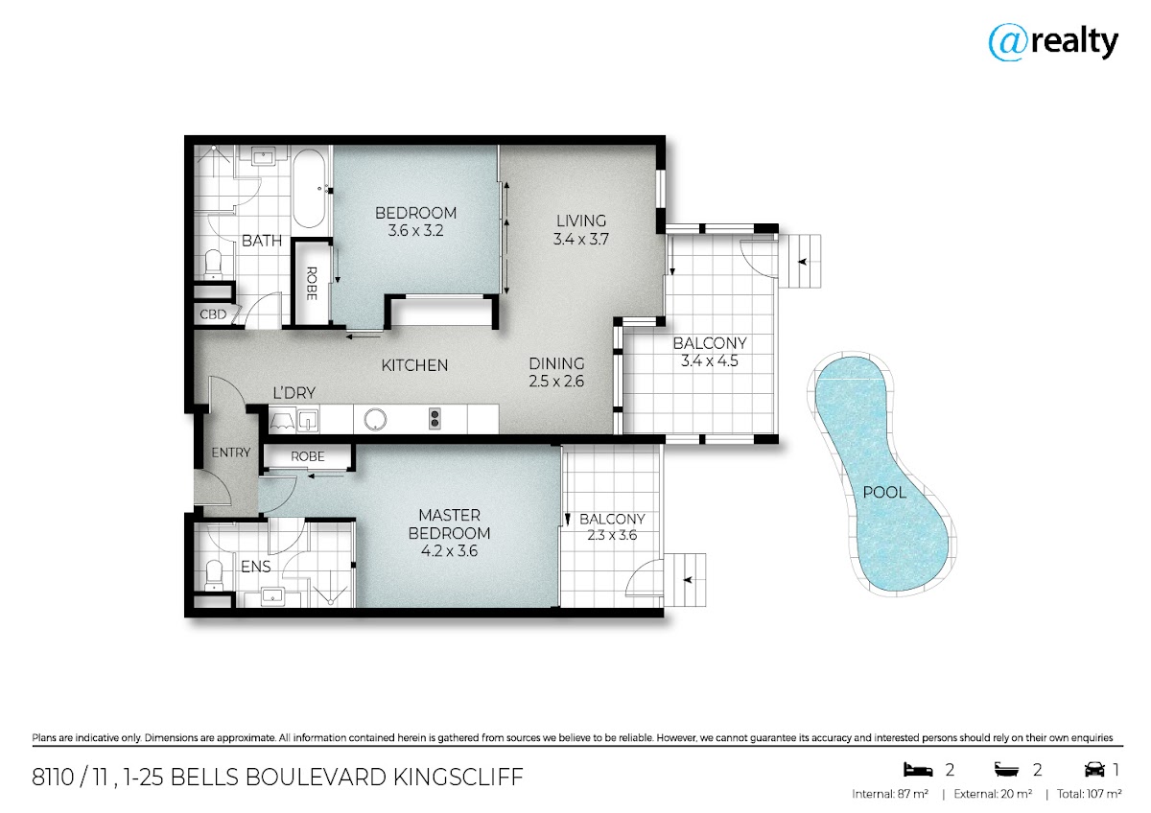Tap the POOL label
[x=883, y=493]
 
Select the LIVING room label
[x=581, y=221]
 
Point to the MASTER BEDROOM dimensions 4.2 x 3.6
[x=449, y=551]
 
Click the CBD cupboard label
[x=213, y=314]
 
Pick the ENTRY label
[x=231, y=453]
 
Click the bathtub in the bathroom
[x=309, y=189]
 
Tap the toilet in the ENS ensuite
[x=214, y=576]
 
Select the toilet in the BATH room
[x=213, y=264]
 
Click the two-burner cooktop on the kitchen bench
[x=435, y=419]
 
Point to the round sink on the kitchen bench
[x=375, y=419]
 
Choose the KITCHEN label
[x=414, y=365]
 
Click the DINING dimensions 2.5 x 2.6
[x=556, y=382]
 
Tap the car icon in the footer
[x=1094, y=769]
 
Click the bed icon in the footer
[x=918, y=769]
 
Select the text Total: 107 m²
[x=1089, y=794]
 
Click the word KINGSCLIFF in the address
[x=458, y=778]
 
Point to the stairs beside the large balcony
[x=800, y=262]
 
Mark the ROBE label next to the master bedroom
[x=307, y=456]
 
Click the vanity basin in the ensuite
[x=272, y=596]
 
